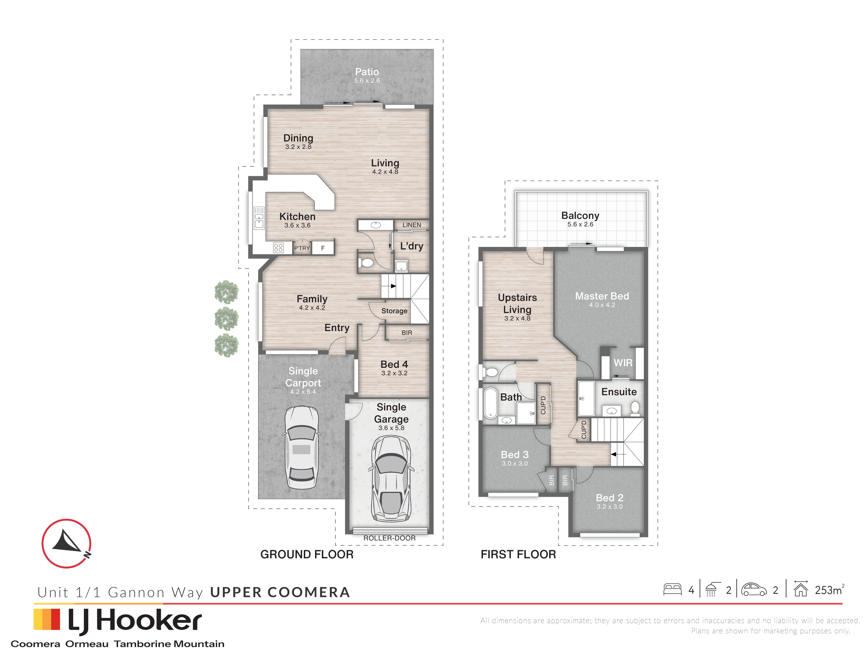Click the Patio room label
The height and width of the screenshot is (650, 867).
click(367, 72)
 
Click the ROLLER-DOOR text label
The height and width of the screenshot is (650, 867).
click(389, 538)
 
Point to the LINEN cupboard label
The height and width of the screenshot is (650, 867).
click(411, 225)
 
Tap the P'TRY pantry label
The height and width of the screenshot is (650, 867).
click(302, 248)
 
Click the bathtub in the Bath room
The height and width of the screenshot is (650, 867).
click(490, 403)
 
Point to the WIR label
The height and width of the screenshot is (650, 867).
click(623, 363)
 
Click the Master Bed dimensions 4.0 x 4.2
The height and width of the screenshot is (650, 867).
click(602, 305)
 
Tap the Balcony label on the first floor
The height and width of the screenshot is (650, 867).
click(580, 215)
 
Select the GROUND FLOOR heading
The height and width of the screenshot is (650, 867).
click(307, 554)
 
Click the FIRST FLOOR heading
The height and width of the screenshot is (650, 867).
click(518, 554)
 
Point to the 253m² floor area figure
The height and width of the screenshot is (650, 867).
click(829, 590)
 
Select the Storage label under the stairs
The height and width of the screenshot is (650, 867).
click(394, 311)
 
